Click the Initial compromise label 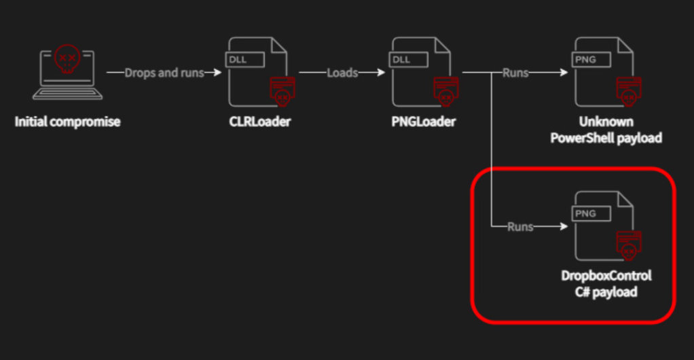[x=67, y=122]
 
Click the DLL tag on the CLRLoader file [x=238, y=59]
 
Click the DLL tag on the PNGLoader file [x=401, y=59]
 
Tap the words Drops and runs [x=164, y=73]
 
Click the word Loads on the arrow [x=342, y=73]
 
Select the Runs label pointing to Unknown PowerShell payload [x=515, y=73]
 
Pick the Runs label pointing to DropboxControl [x=520, y=227]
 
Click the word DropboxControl [x=606, y=276]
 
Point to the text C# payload [x=606, y=292]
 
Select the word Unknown [x=606, y=122]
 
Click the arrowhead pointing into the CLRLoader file [x=218, y=73]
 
